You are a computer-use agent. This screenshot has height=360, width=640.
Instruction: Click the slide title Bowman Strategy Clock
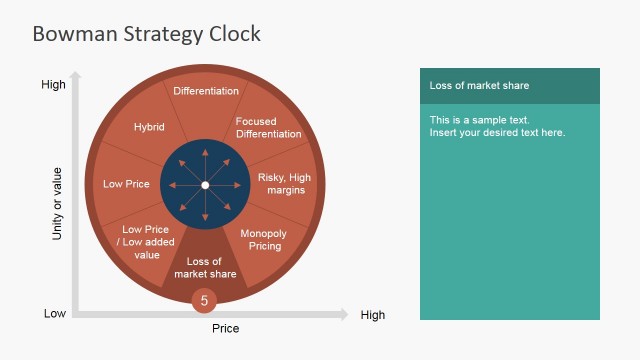click(146, 34)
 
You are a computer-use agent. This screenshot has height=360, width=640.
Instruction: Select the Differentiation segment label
click(206, 91)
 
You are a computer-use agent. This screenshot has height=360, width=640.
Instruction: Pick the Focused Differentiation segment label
click(268, 128)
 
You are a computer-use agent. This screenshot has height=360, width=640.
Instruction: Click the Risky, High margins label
click(285, 184)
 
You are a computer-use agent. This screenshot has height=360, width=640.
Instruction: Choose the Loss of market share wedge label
click(205, 268)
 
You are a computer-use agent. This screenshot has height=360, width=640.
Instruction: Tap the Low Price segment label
click(126, 184)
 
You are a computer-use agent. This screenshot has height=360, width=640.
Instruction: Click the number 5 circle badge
click(205, 300)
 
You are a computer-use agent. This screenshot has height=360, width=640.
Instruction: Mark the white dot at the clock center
click(205, 185)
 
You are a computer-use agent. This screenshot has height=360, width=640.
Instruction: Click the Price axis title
click(226, 328)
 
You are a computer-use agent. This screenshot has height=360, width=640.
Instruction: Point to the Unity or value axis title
click(57, 203)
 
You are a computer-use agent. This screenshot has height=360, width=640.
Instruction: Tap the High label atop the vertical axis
click(53, 85)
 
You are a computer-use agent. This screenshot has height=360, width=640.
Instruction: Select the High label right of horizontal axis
click(372, 315)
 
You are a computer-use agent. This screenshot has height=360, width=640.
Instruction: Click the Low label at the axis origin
click(55, 314)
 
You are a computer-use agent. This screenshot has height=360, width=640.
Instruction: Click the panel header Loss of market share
click(479, 86)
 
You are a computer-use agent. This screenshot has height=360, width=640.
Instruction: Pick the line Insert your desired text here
click(497, 133)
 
